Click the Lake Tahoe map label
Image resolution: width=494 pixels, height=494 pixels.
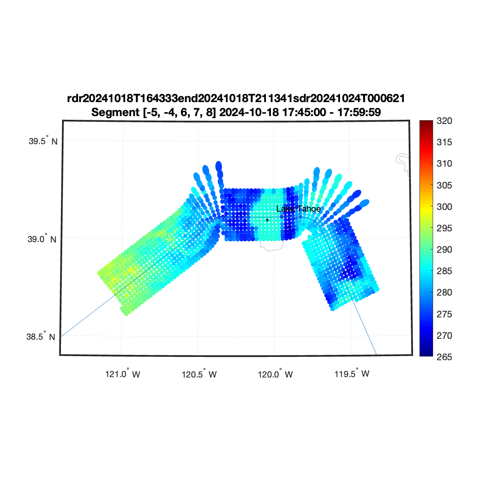pyautogui.click(x=298, y=209)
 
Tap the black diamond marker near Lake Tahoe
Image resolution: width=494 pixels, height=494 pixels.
pyautogui.click(x=268, y=220)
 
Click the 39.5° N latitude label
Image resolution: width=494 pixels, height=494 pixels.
pyautogui.click(x=43, y=141)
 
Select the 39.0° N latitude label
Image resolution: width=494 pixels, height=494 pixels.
pyautogui.click(x=42, y=239)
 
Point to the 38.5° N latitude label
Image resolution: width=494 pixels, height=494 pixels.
pyautogui.click(x=40, y=336)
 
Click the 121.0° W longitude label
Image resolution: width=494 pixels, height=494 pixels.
pyautogui.click(x=123, y=373)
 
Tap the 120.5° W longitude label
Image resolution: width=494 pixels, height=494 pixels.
pyautogui.click(x=199, y=374)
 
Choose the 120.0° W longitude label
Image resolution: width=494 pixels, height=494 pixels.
pyautogui.click(x=275, y=374)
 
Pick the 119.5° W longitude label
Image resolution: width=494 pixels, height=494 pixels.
pyautogui.click(x=352, y=373)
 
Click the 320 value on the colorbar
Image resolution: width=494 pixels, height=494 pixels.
pyautogui.click(x=444, y=121)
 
